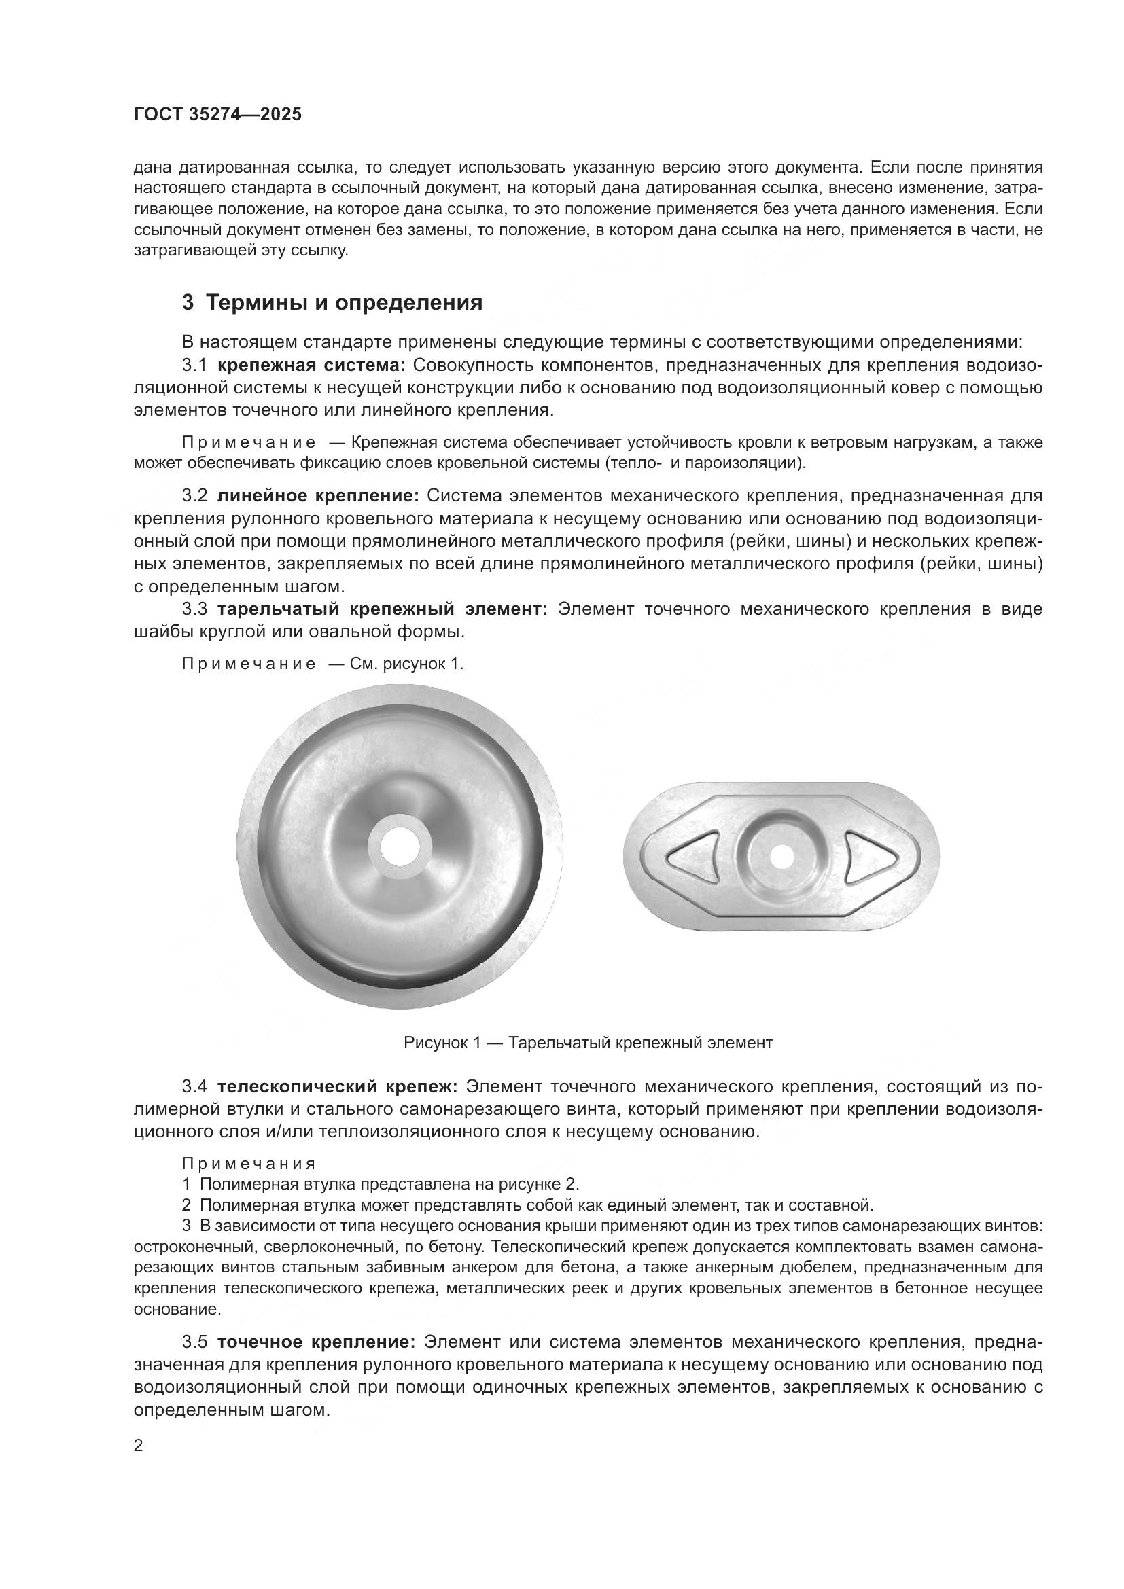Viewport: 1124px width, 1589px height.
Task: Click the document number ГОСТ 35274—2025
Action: (x=217, y=114)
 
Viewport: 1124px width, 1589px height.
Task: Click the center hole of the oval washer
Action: (x=782, y=857)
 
